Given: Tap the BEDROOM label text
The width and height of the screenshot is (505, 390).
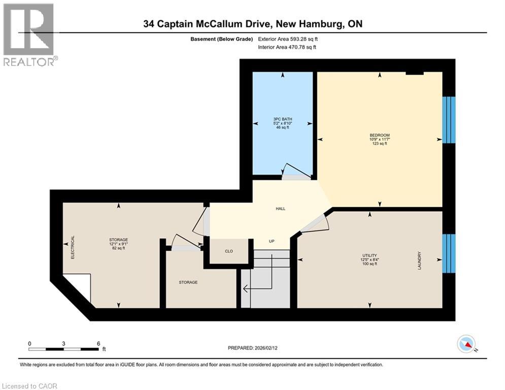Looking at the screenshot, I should tap(379, 135).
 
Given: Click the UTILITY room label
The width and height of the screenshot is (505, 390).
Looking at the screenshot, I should tap(369, 255).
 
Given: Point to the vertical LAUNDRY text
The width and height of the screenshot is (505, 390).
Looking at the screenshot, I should tap(420, 260).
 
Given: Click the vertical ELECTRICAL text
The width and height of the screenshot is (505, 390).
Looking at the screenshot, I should tap(73, 248).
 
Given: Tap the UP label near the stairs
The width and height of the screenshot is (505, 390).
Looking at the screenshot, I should tap(272, 241).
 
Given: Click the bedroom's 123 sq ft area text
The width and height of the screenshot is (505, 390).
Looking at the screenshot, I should tap(379, 144).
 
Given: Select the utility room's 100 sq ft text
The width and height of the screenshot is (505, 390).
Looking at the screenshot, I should tap(369, 265).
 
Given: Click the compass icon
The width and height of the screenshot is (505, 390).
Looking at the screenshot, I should tap(466, 345).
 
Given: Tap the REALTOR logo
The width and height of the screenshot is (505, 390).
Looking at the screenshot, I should tap(29, 35).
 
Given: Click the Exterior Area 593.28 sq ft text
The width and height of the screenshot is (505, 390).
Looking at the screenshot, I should tap(289, 39).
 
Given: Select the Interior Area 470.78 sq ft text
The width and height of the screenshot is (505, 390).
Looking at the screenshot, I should tap(289, 47).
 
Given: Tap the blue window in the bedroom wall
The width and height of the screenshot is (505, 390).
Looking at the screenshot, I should tap(449, 120).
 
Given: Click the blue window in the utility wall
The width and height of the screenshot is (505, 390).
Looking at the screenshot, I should tap(449, 253).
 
